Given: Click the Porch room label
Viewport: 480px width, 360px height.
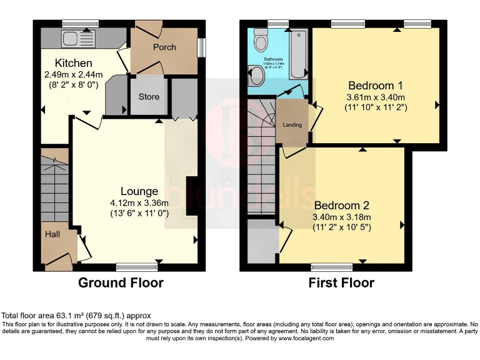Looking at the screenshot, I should [164, 47].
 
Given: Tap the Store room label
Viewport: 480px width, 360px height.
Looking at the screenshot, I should [149, 97].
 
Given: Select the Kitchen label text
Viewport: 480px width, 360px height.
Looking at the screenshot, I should [73, 63].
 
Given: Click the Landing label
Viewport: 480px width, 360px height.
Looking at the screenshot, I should [292, 125].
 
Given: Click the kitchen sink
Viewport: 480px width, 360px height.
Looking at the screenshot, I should [80, 33].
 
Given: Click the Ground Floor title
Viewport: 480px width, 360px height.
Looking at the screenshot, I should [121, 283].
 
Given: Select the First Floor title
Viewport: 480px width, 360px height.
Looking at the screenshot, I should [341, 283].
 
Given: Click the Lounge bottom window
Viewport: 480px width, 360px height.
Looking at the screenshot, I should [136, 267].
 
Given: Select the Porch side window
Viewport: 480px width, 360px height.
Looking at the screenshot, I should [202, 47].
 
